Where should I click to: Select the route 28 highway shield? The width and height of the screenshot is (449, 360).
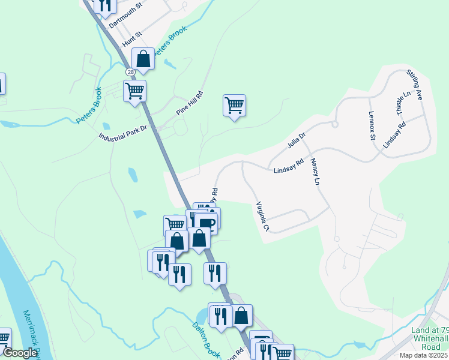[130, 72]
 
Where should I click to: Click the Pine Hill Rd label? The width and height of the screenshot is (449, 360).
[190, 103]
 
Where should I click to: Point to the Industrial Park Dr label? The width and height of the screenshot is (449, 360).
[123, 131]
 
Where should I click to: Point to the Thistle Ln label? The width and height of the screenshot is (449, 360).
[403, 103]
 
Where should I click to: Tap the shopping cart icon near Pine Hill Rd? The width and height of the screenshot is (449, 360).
[234, 105]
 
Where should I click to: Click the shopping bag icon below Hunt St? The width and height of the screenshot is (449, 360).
[143, 59]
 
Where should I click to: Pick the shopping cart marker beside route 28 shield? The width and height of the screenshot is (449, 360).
[135, 91]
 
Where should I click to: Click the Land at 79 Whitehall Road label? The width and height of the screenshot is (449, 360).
[429, 339]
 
